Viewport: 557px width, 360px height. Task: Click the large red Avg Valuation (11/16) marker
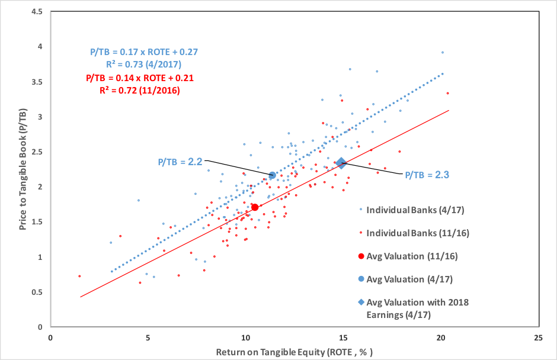click(x=255, y=207)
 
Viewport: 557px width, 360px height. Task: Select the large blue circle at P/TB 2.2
click(x=273, y=175)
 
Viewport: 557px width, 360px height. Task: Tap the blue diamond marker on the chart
click(x=341, y=163)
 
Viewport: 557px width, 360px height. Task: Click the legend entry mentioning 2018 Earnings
click(x=417, y=308)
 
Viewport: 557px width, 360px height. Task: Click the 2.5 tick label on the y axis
click(x=39, y=152)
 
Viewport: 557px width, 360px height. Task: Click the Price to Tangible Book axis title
click(x=23, y=169)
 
